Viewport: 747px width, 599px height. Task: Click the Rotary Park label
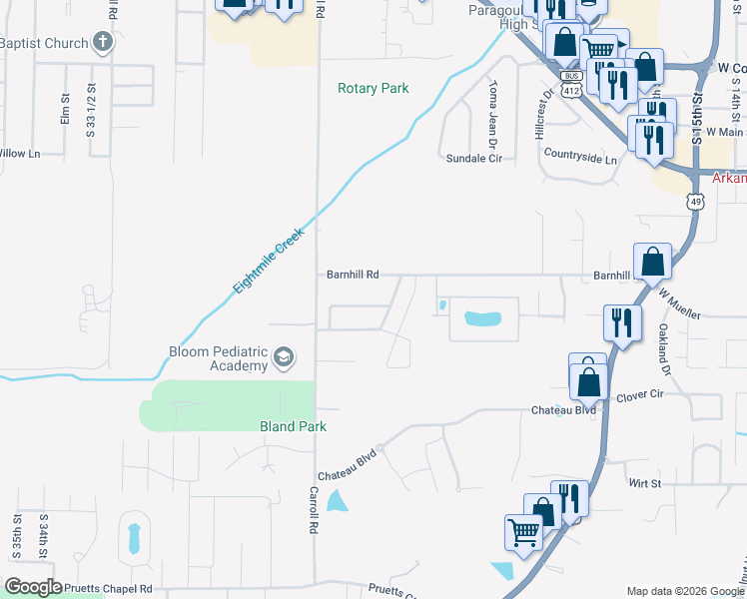tap(373, 88)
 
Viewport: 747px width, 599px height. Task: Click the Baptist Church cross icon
tap(101, 42)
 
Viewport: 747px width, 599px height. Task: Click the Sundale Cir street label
tap(472, 158)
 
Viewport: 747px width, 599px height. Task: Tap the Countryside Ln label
tap(580, 158)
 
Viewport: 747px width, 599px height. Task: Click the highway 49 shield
tap(694, 202)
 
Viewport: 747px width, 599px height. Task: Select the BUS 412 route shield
tap(570, 84)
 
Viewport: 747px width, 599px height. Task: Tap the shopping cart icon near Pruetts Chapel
tap(523, 532)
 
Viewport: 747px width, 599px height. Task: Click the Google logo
tap(33, 587)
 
